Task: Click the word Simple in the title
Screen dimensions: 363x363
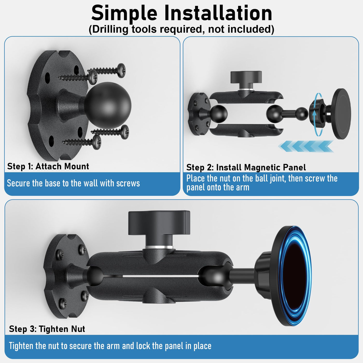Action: (124, 13)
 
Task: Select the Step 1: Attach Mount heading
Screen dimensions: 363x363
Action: (48, 166)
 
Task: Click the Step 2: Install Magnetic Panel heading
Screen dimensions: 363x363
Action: (246, 167)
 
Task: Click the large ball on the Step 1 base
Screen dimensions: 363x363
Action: (108, 106)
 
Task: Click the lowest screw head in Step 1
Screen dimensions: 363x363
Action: (97, 142)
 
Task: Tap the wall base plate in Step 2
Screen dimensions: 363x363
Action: (199, 114)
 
